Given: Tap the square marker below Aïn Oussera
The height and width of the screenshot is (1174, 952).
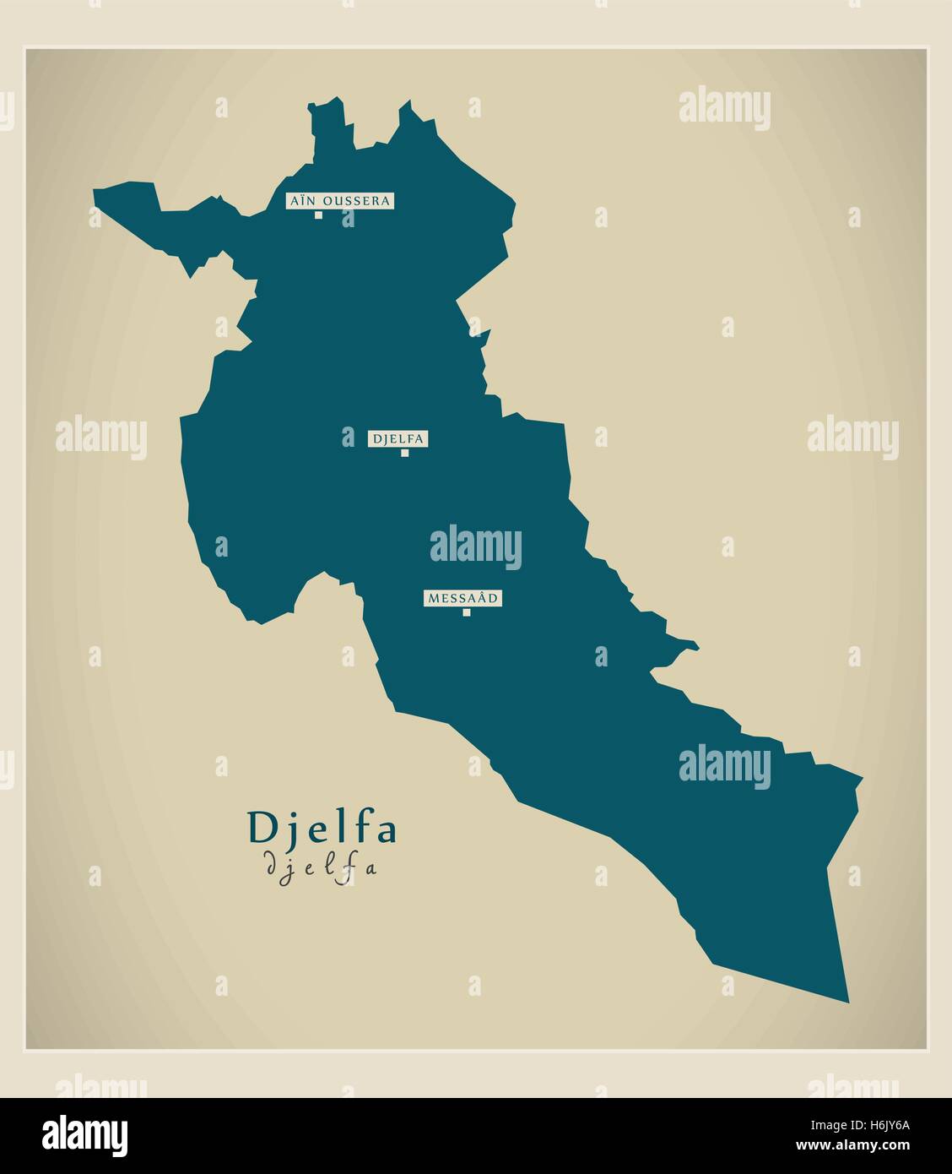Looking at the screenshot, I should coord(319,215).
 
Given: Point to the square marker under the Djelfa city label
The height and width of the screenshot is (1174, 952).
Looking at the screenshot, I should coord(405,453).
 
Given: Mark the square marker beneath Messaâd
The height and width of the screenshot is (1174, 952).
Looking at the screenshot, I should coord(466,612).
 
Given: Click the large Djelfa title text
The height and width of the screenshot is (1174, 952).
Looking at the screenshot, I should coord(322,829).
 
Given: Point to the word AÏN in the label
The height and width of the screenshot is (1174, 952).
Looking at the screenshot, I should coord(303,201).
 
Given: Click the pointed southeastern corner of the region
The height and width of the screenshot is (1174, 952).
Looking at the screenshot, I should coord(847,1000).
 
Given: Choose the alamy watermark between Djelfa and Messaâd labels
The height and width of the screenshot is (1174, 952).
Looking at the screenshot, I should coord(475,545).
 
